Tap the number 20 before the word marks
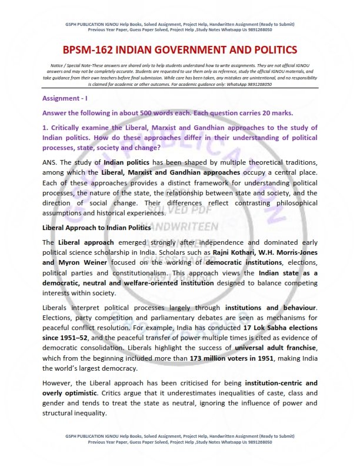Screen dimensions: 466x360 click(270, 112)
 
